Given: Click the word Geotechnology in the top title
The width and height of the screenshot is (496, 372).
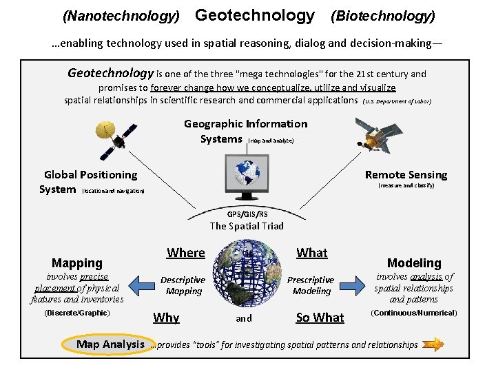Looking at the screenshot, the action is pyautogui.click(x=255, y=15).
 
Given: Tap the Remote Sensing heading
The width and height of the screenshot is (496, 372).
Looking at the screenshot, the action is pyautogui.click(x=406, y=174).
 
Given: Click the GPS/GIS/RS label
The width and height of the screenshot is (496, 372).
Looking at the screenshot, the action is pyautogui.click(x=247, y=214).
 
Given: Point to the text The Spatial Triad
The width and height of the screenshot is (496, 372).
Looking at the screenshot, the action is pyautogui.click(x=247, y=226).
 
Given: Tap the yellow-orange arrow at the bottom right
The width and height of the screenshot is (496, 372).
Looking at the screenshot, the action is pyautogui.click(x=433, y=344).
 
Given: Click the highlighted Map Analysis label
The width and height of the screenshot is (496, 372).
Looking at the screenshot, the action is pyautogui.click(x=110, y=344).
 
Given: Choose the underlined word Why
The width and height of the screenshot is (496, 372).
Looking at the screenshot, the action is pyautogui.click(x=166, y=318).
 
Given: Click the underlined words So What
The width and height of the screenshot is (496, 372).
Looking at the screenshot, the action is pyautogui.click(x=320, y=318).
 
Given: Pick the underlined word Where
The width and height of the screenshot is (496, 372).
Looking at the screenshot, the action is pyautogui.click(x=185, y=253).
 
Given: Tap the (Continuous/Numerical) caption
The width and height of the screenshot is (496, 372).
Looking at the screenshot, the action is pyautogui.click(x=414, y=313).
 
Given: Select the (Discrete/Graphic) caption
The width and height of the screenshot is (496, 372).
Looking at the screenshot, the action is pyautogui.click(x=76, y=313).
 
